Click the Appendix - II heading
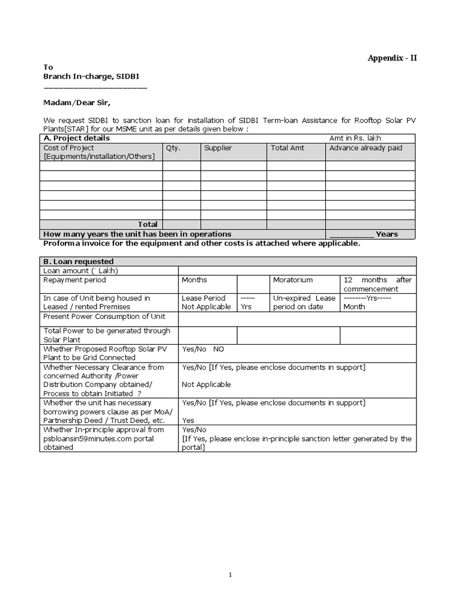point(392,58)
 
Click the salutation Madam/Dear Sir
point(77,102)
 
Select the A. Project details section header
point(76,138)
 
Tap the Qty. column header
point(173,148)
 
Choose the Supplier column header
point(218,148)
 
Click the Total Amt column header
point(288,148)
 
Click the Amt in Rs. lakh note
point(355,138)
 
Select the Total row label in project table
point(148,224)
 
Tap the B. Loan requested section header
point(79,262)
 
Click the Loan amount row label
point(81,271)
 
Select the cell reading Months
point(194,280)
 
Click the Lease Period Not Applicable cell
point(206,302)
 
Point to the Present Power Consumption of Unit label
point(104,317)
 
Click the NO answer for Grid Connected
point(219,348)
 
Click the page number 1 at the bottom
point(230,575)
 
